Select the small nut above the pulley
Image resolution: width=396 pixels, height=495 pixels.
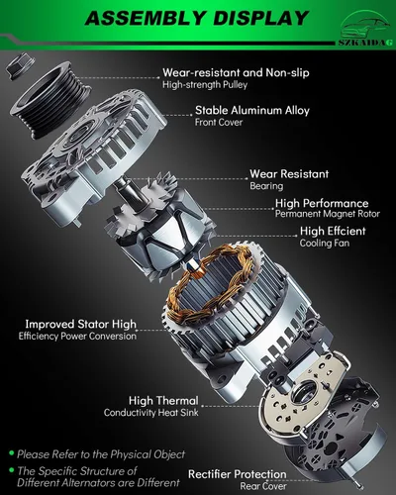(17, 65)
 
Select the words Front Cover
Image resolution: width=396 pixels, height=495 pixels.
(220, 125)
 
